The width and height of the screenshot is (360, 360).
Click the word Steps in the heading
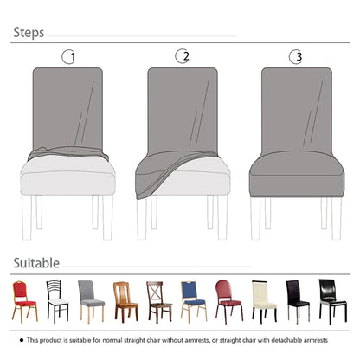[x=29, y=34]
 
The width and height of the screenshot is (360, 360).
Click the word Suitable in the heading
[x=36, y=262]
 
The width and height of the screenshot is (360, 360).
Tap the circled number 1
[x=69, y=57]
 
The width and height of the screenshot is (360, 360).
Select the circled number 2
[x=182, y=57]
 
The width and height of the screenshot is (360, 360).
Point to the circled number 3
[x=295, y=57]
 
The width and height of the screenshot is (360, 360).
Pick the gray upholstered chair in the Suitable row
[x=91, y=299]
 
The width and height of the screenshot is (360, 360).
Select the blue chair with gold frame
[x=193, y=299]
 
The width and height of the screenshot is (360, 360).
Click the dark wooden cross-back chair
[x=157, y=299]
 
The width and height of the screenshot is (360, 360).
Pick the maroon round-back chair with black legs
[x=227, y=299]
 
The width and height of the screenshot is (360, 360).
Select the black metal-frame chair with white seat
[x=57, y=299]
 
